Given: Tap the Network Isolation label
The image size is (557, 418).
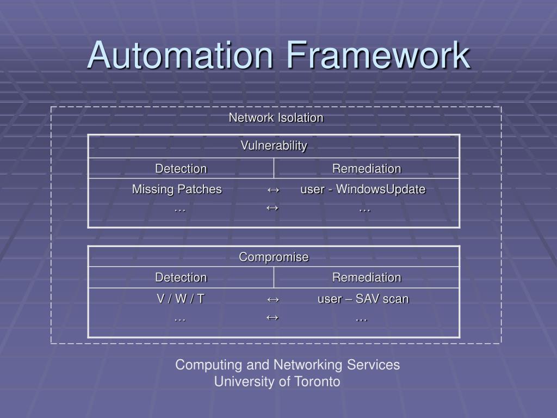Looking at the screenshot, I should pos(276,118).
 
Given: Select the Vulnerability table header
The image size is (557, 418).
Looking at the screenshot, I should pos(274,146).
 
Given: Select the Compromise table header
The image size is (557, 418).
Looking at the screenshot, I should pos(274,257).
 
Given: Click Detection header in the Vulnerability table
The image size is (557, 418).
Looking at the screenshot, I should pos(181,169).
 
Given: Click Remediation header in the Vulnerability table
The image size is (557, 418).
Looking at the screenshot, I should pos(367,169).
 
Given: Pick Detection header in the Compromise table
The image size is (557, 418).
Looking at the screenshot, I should pos(181,278).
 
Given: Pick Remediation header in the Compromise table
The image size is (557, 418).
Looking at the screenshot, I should pos(367,278).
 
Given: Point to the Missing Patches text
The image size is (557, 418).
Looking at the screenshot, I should pos(177,189).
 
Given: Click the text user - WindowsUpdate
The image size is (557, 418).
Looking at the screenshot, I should pos(363,189).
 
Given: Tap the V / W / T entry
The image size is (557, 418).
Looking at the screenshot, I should pos(181,299).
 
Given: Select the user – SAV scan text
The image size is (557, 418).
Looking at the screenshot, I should pos(363,299).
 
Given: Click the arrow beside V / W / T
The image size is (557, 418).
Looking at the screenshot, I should pos(273,299).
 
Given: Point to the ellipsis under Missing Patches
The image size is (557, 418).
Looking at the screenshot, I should pos(180,209).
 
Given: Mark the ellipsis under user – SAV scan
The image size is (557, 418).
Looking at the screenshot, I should pos(361,318).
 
